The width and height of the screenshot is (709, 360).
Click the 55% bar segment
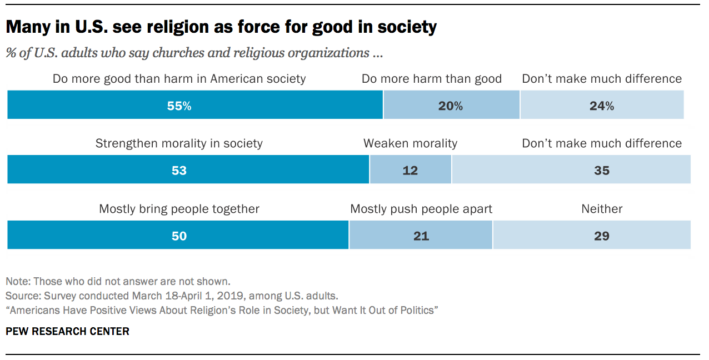194,106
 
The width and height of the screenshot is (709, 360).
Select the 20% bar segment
451,106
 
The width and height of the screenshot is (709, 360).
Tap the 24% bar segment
602,106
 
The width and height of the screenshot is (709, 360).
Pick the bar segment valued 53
188,170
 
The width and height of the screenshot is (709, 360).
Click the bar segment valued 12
411,170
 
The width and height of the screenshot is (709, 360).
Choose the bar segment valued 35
571,170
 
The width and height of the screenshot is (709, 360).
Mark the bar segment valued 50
178,235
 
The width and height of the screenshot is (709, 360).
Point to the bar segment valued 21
421,235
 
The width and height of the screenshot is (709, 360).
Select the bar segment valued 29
592,235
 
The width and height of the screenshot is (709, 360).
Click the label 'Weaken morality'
411,143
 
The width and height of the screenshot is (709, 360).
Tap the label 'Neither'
602,209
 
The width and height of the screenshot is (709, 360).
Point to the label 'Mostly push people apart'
421,209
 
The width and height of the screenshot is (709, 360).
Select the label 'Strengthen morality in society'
179,143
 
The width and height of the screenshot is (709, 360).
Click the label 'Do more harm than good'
432,79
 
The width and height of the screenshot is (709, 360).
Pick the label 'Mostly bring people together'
179,209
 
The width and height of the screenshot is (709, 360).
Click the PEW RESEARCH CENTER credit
67,332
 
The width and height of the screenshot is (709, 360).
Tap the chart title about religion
221,27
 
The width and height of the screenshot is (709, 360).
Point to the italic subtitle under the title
194,53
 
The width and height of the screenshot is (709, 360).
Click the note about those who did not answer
118,281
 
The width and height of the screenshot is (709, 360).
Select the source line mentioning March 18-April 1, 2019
172,296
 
